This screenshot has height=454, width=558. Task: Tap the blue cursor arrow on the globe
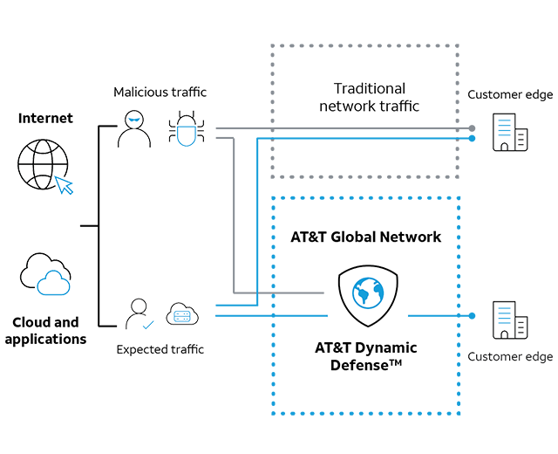click(x=64, y=184)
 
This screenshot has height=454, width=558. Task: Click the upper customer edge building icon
click(x=510, y=133)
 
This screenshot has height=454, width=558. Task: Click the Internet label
click(x=45, y=118)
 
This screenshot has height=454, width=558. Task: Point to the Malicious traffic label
click(x=159, y=92)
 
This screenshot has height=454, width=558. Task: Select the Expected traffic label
click(x=160, y=349)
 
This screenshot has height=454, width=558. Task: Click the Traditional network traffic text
click(x=369, y=97)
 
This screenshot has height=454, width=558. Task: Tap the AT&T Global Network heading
click(x=365, y=237)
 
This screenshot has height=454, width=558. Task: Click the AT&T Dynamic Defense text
click(x=365, y=355)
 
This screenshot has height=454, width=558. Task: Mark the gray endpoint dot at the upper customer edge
click(x=472, y=128)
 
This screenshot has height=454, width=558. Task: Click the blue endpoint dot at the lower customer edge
click(x=472, y=315)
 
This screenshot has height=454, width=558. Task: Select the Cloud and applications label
click(x=45, y=331)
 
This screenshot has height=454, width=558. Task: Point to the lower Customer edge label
click(x=510, y=356)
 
